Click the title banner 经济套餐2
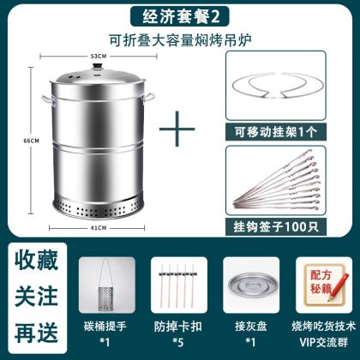coord(180,17)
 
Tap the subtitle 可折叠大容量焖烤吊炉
coord(180,40)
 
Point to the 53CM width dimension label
coord(99,57)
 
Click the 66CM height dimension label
coord(32,141)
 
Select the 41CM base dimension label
coord(99,228)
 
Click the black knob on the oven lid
coord(98,68)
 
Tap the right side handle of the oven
coord(148,97)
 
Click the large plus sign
coord(177,129)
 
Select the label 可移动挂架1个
coord(276,132)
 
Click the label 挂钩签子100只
coord(276,227)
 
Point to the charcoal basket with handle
coord(105,286)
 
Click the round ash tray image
coord(251,285)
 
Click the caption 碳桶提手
coord(105,327)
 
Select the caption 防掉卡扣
coord(177,327)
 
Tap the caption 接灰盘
coord(251,327)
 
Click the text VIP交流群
coord(323,342)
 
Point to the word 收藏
coord(36,260)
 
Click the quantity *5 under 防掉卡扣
coord(177,342)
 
